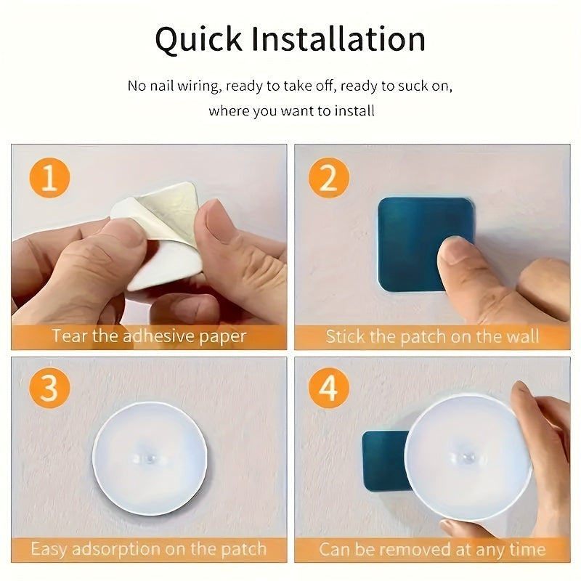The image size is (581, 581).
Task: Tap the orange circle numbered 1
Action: coord(49,178)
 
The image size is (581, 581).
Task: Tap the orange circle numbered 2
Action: coord(329,178)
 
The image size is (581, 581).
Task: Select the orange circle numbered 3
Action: coord(49,389)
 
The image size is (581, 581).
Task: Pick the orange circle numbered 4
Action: coord(329,389)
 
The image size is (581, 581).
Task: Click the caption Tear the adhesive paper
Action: coord(149,336)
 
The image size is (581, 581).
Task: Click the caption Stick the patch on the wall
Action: coord(432,336)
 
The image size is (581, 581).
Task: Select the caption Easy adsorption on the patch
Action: coord(149,548)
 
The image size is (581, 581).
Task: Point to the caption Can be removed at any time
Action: coord(432,548)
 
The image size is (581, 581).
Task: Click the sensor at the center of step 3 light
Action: coord(149,459)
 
